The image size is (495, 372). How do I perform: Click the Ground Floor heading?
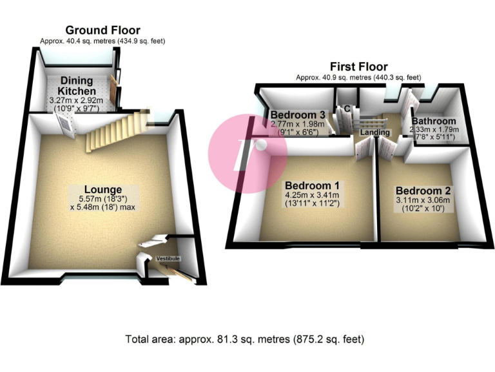102,30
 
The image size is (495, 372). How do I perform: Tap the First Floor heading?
358,67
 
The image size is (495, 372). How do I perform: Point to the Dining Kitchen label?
77,86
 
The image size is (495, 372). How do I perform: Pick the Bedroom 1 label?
313,182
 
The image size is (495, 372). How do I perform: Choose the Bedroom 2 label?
424,191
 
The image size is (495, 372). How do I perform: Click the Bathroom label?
434,121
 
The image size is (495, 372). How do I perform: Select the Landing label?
374,132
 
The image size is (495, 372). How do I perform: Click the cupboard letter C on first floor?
346,108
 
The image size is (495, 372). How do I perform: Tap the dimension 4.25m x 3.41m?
313,195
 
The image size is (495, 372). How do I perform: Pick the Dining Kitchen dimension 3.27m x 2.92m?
77,101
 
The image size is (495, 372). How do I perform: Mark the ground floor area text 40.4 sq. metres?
102,41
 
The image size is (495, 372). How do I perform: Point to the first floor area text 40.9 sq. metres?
358,77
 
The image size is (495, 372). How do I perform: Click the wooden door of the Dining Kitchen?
113,89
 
